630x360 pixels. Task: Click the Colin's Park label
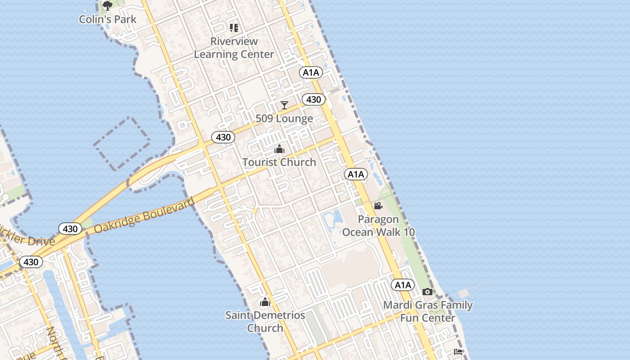point(108,19)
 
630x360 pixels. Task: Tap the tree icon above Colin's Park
point(107,6)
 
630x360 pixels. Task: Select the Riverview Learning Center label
point(234,48)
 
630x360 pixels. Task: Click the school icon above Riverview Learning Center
point(234,28)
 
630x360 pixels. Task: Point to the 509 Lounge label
point(284,119)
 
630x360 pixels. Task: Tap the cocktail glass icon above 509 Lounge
point(284,105)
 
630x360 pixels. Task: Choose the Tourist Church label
point(279,162)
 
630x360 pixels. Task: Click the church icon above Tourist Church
point(279,149)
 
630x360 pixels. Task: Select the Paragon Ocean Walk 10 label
point(378,226)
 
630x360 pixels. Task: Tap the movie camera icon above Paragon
point(378,206)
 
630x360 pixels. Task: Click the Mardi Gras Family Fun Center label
point(427,311)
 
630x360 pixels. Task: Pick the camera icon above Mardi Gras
point(428,292)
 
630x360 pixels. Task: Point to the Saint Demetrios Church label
point(265,321)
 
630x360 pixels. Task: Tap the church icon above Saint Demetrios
point(265,302)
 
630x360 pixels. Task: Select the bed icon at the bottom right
point(458,352)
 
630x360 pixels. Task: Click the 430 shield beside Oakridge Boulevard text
point(70,229)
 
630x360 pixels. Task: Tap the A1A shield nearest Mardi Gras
point(403,285)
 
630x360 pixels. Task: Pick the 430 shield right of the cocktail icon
point(313,99)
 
